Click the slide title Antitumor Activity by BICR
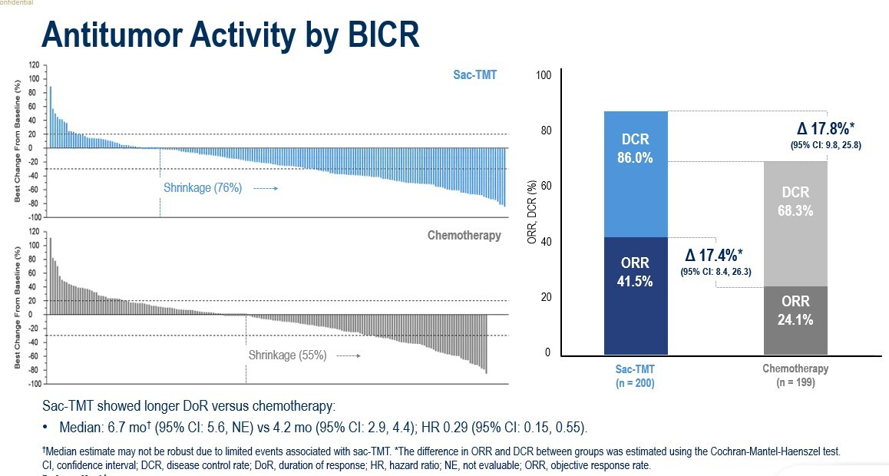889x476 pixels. [230, 35]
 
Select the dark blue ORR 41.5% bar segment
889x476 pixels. [636, 296]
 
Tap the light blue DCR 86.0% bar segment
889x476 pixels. [636, 174]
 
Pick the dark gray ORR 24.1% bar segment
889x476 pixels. [795, 321]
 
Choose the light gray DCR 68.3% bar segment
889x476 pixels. [795, 223]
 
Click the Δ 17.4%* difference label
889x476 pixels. [715, 254]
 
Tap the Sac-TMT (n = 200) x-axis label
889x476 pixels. [635, 375]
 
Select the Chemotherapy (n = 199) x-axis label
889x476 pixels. [795, 375]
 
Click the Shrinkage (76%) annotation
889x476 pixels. [203, 187]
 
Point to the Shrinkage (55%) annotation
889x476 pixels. [287, 355]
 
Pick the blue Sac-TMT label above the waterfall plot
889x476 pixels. [475, 76]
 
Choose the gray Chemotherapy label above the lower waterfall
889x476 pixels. [464, 235]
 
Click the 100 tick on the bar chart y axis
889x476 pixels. [544, 75]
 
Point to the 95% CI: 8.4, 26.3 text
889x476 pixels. [715, 271]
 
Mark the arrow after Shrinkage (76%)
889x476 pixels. [265, 188]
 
